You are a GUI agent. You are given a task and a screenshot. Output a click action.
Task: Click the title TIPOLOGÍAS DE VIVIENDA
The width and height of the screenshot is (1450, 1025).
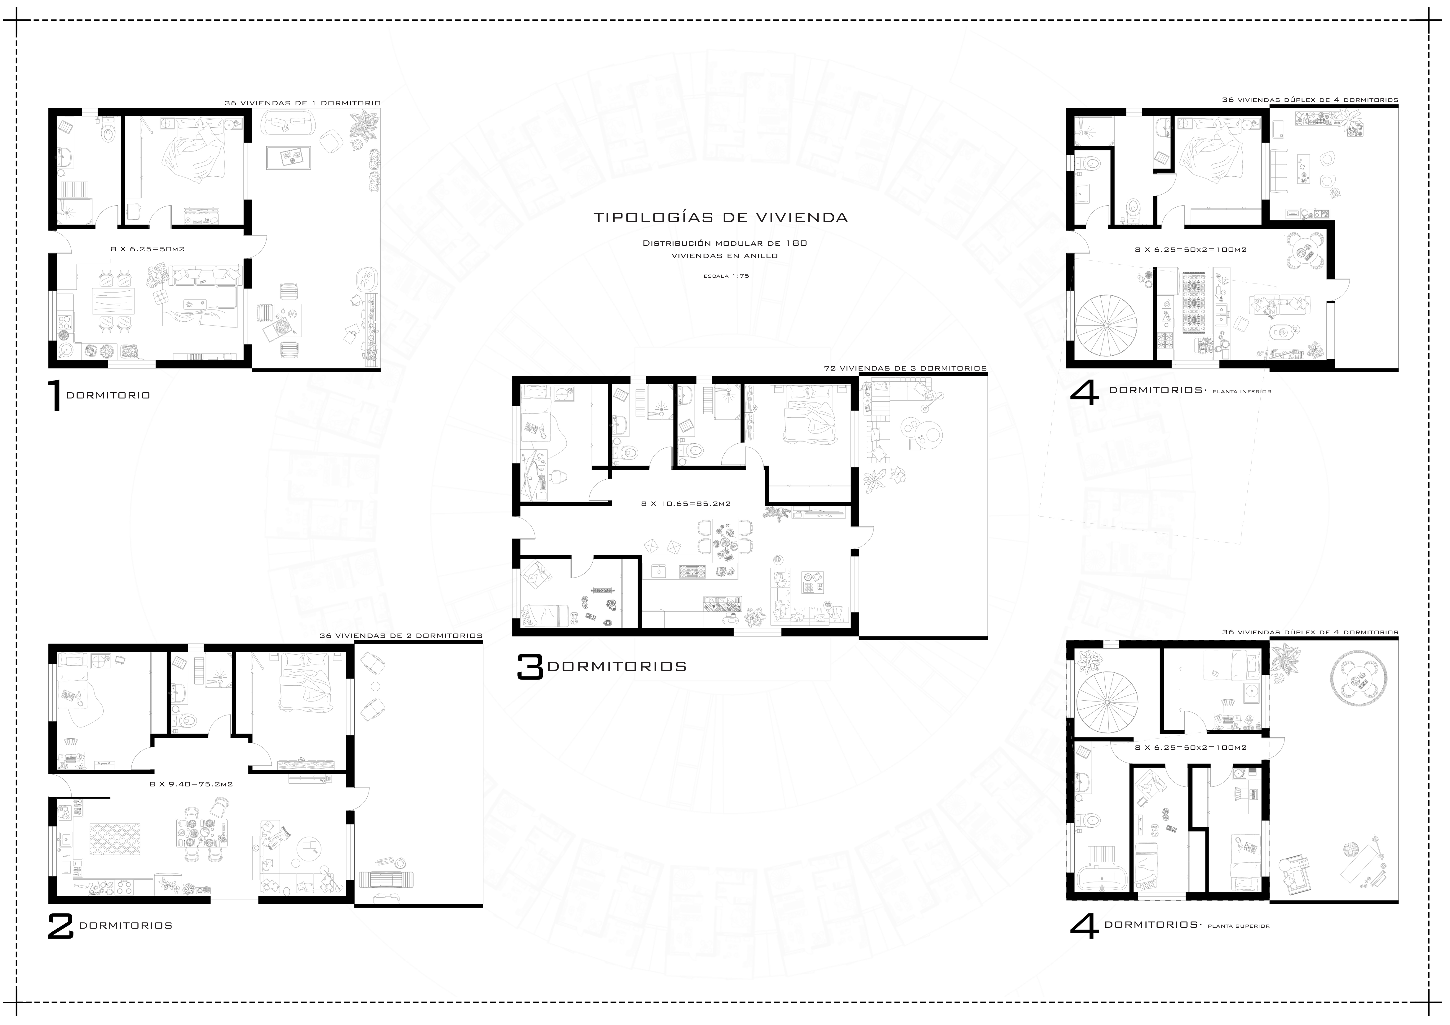pyautogui.click(x=721, y=218)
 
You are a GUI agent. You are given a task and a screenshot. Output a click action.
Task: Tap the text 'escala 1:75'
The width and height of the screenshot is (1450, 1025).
pyautogui.click(x=726, y=276)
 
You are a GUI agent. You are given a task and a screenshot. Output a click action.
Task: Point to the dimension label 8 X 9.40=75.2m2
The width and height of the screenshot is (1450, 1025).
pyautogui.click(x=191, y=784)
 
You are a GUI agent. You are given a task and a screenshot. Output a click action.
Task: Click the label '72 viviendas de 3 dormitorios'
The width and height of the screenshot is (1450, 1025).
pyautogui.click(x=905, y=368)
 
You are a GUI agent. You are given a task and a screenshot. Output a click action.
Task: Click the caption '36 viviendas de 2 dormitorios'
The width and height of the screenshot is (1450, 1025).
pyautogui.click(x=401, y=636)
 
